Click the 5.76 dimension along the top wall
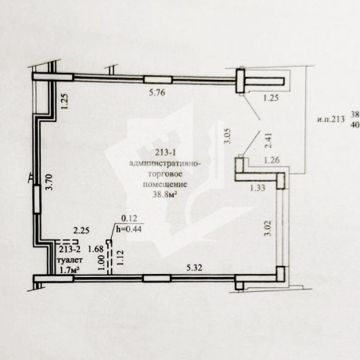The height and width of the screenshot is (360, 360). click(x=157, y=92)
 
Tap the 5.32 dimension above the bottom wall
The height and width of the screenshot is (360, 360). click(x=194, y=268)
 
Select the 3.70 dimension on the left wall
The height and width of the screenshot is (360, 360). click(x=49, y=182)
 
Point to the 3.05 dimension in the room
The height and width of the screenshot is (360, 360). click(x=228, y=135)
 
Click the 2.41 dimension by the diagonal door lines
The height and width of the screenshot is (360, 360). click(x=268, y=141)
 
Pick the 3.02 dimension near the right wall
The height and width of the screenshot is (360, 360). click(x=268, y=229)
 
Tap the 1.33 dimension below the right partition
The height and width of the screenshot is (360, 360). click(x=257, y=188)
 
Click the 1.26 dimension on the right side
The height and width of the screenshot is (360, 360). click(x=272, y=160)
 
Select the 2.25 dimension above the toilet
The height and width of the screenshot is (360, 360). click(x=81, y=230)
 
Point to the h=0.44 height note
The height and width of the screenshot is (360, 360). click(x=129, y=229)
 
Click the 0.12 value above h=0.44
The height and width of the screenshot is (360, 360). click(x=129, y=218)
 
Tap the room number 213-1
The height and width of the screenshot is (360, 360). click(x=165, y=153)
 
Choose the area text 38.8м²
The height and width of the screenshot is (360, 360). click(x=164, y=194)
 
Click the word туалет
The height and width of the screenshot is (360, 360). click(x=70, y=260)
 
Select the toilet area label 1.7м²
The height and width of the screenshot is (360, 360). click(x=70, y=270)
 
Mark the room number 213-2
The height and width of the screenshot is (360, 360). click(x=70, y=250)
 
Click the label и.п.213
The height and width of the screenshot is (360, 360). click(x=330, y=120)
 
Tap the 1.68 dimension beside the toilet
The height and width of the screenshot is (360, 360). click(x=95, y=249)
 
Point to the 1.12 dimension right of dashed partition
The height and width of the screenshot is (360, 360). click(x=121, y=257)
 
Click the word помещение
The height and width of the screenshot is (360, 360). click(x=165, y=184)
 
